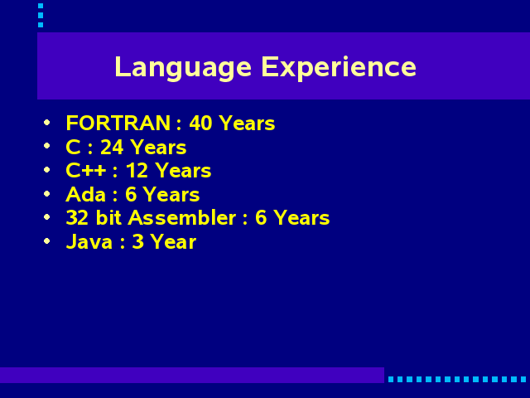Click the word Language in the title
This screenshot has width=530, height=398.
tap(183, 68)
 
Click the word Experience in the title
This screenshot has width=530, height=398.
tap(339, 68)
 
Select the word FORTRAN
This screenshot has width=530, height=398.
tap(118, 123)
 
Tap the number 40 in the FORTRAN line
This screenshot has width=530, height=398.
tap(200, 123)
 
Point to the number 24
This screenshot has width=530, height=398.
tap(112, 148)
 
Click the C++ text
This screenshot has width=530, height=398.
tap(86, 170)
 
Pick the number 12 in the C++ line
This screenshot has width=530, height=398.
tap(137, 170)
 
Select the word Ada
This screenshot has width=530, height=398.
tap(86, 195)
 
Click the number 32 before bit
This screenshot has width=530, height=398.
tap(77, 217)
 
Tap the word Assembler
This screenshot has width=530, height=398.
tap(182, 217)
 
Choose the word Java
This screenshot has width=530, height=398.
tap(89, 242)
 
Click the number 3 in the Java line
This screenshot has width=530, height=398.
tap(137, 242)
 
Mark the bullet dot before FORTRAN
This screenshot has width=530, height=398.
tap(47, 122)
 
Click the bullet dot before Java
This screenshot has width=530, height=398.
tap(47, 241)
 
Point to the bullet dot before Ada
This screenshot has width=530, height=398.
tap(47, 193)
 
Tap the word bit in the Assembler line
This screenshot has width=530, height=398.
tap(108, 217)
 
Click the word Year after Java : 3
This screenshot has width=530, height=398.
tap(173, 242)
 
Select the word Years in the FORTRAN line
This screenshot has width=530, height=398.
tap(247, 123)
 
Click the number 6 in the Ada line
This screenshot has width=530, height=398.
tap(131, 195)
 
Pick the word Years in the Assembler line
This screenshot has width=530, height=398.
tap(301, 217)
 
